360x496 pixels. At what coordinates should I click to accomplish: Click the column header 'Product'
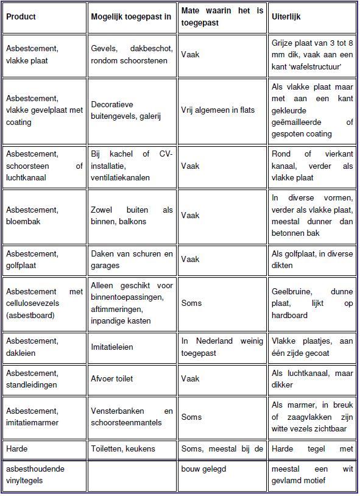21,16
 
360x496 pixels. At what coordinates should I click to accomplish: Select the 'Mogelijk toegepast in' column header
131,16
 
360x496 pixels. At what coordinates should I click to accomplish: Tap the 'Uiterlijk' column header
286,16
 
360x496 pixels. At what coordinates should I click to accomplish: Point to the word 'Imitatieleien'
112,347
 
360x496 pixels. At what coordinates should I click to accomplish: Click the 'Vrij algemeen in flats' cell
217,110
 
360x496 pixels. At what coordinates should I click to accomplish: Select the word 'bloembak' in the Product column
23,221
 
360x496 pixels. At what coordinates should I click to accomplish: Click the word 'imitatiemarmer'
32,422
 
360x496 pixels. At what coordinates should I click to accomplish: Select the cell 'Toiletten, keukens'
123,449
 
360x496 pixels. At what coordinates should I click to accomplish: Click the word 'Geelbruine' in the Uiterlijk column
291,292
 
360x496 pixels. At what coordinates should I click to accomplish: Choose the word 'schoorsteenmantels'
127,422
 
